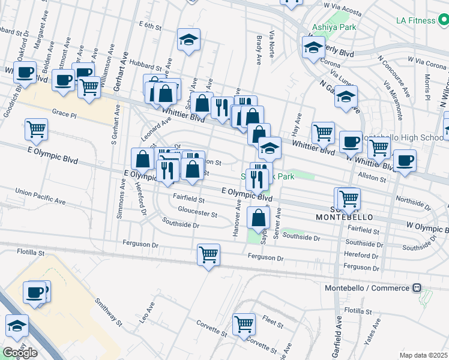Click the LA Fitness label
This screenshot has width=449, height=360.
[415, 20]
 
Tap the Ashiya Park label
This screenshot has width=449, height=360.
[334, 27]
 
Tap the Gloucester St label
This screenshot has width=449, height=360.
[197, 212]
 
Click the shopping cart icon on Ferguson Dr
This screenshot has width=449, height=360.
[208, 254]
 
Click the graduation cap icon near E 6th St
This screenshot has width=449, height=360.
[188, 40]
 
